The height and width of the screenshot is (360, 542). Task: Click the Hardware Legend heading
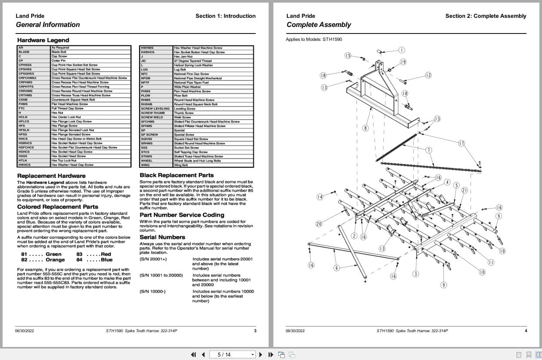coord(43,40)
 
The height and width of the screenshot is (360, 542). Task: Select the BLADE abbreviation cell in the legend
coord(24,52)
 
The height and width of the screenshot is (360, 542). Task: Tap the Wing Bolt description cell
coord(181,165)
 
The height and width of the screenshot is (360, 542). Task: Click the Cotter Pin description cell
coord(59,60)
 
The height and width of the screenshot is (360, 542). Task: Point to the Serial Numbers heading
coord(162,237)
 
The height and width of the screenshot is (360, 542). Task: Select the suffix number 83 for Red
coord(80,254)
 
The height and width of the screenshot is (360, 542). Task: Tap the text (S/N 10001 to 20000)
coord(161,275)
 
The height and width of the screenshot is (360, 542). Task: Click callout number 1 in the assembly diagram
coord(402,50)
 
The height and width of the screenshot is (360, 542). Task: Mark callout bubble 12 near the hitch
coord(428,75)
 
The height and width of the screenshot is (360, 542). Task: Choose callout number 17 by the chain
coord(462,143)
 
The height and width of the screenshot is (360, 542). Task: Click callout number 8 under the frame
coord(366,128)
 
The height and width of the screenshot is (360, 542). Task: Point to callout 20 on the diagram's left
coord(319,224)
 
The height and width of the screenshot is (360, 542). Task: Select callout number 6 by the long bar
coord(336,268)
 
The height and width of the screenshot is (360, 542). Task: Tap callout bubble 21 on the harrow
coord(465,190)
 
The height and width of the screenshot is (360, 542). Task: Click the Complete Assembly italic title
coord(319,25)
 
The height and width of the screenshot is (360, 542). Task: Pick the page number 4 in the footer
coord(525,331)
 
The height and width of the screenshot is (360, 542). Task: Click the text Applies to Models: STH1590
coord(314,40)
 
